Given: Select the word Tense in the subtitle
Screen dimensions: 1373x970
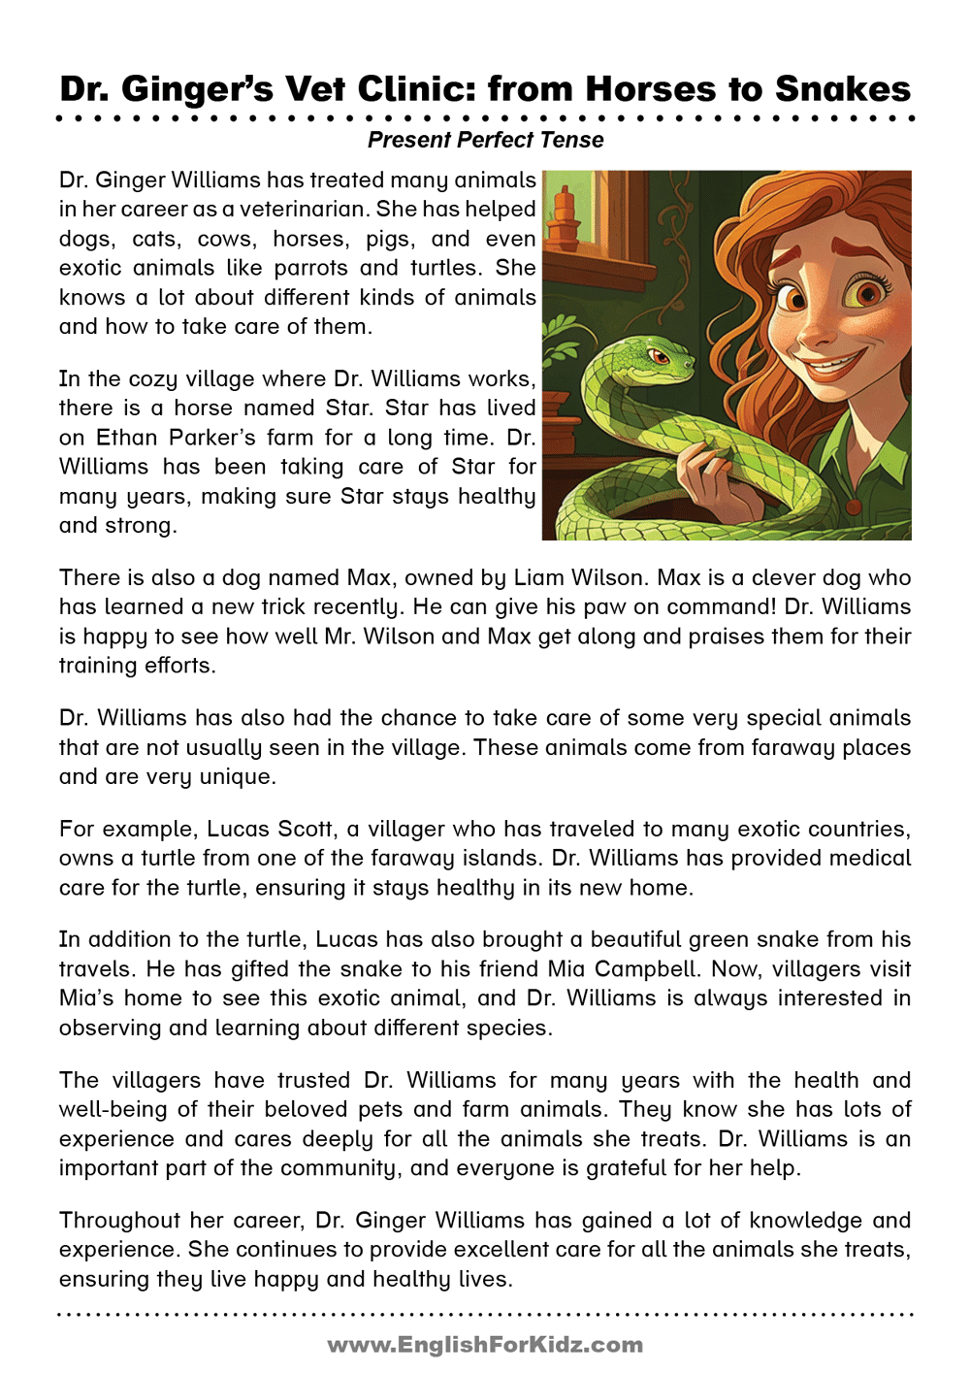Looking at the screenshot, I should pos(571,140).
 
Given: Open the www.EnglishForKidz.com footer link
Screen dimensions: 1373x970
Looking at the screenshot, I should pos(485,1345).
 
